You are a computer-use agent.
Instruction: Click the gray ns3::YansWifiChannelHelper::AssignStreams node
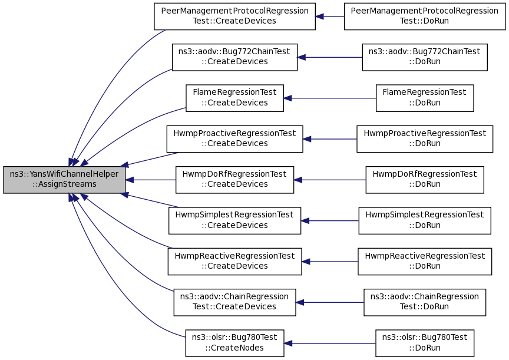pos(64,180)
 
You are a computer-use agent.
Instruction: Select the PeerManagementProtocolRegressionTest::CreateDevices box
pos(234,16)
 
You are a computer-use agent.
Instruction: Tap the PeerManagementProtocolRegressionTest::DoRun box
pos(425,16)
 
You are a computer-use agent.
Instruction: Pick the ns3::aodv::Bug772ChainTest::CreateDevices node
pos(234,58)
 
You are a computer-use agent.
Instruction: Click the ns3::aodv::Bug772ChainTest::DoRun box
pos(425,58)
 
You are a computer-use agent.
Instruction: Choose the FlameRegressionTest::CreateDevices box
pos(234,98)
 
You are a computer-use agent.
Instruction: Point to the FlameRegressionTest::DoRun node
pos(425,98)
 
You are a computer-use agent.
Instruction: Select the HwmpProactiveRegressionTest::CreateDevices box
pos(234,139)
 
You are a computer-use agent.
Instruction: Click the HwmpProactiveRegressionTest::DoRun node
pos(425,139)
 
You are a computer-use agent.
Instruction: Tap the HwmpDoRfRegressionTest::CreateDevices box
pos(234,180)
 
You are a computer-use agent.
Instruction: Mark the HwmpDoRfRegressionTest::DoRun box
pos(425,180)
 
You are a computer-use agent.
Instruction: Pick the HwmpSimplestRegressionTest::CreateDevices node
pos(234,221)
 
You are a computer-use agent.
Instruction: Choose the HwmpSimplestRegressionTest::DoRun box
pos(425,221)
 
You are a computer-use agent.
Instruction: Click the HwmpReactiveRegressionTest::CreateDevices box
pos(234,262)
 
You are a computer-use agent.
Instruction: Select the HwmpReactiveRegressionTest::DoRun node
pos(425,262)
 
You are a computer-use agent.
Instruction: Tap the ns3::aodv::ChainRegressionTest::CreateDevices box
pos(234,302)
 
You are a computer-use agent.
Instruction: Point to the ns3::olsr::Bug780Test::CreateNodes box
pos(234,343)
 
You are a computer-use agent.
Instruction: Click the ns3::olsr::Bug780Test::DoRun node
pos(425,343)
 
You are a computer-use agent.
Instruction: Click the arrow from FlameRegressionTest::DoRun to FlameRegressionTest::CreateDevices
pos(330,98)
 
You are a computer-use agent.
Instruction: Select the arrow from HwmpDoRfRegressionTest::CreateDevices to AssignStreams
pos(151,180)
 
